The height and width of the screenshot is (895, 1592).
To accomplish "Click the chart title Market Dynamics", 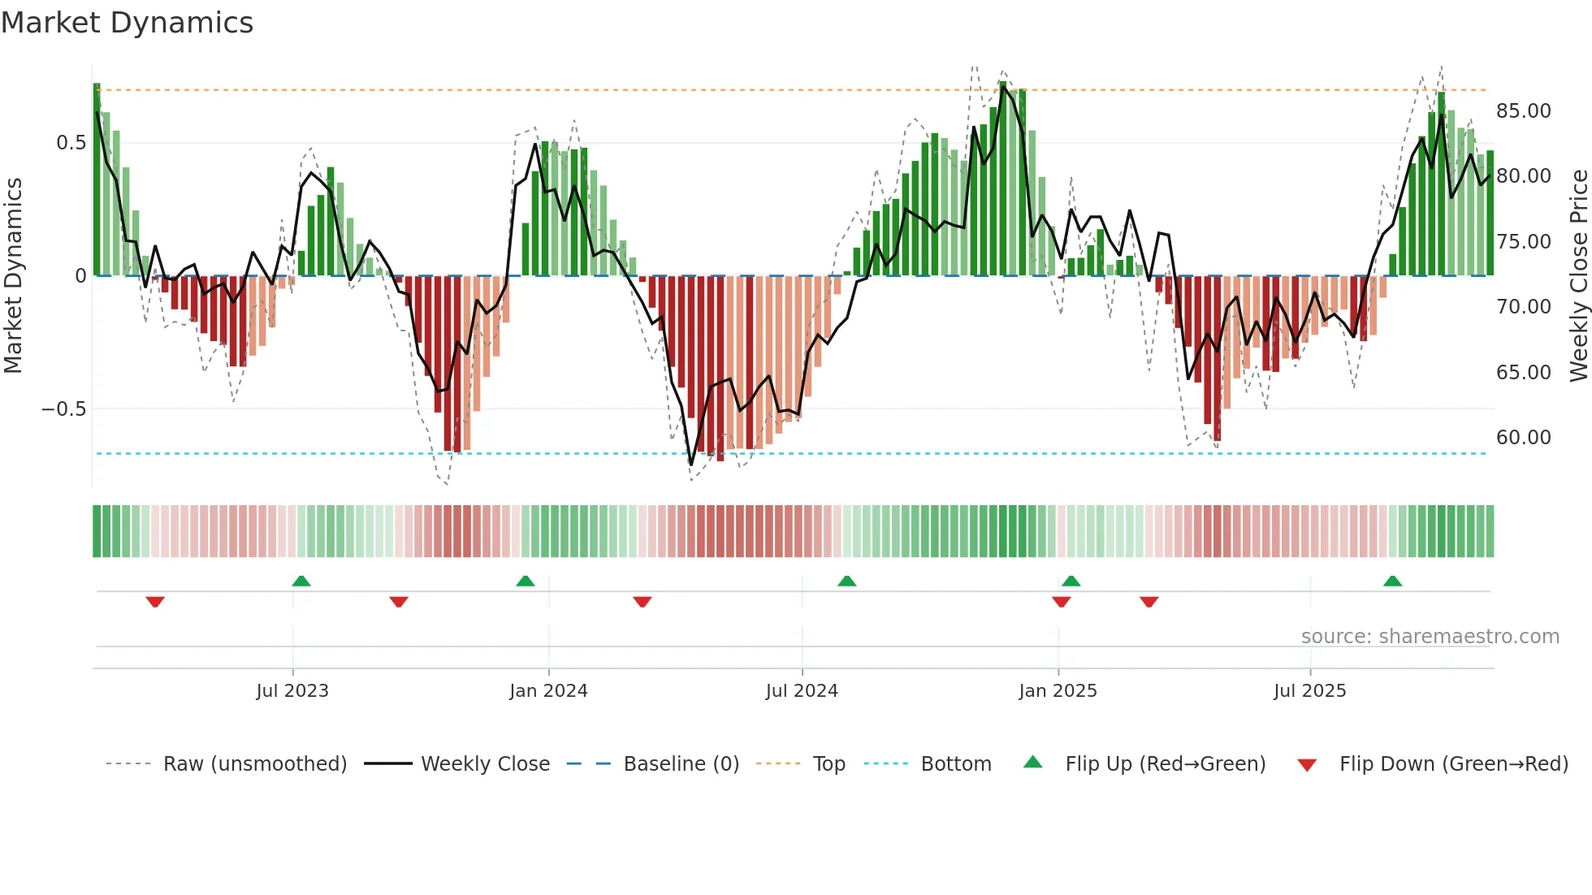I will point(128,23).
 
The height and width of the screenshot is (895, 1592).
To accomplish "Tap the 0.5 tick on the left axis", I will point(71,143).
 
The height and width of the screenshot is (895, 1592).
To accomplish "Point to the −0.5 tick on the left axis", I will point(64,409).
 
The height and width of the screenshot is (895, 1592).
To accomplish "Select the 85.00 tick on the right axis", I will point(1523,111).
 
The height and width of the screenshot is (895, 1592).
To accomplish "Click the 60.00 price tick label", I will point(1523,438).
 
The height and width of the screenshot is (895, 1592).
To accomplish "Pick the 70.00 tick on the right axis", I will point(1523,307).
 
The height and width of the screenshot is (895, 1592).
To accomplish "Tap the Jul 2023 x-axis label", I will point(292,691).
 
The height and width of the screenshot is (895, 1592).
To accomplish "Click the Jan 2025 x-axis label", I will point(1058,691).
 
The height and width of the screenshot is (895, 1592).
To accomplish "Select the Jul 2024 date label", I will point(802,691).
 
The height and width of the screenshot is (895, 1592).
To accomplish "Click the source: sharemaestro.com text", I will point(1430,637).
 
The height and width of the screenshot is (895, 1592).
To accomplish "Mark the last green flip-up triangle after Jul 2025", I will point(1392,581).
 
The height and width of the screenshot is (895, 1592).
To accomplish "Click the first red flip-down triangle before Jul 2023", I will point(155,602).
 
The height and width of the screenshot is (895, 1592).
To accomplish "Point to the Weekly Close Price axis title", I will point(1578,275).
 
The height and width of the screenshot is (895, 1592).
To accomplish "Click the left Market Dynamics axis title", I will point(13,275).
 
